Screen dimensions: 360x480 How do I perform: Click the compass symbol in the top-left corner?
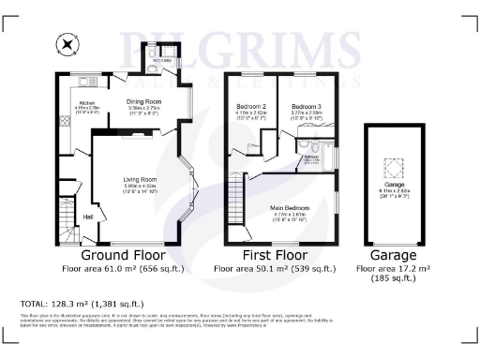tap(66, 42)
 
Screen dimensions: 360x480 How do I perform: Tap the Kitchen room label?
tap(87, 103)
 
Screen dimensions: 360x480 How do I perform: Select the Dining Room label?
tap(145, 102)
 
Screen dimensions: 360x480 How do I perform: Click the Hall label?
tap(88, 217)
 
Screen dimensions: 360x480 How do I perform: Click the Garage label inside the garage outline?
tap(399, 187)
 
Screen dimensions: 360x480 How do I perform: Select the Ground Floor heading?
tap(123, 255)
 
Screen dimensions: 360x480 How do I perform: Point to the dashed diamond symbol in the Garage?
tap(399, 169)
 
